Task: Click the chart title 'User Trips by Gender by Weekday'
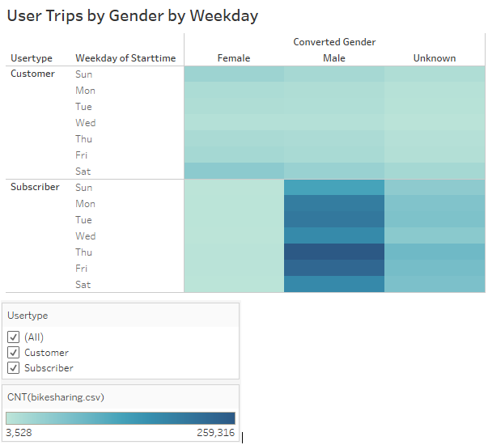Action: pyautogui.click(x=132, y=15)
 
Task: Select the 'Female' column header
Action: pyautogui.click(x=234, y=58)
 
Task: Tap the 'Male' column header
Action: pyautogui.click(x=333, y=58)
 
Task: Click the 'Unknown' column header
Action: pyautogui.click(x=435, y=58)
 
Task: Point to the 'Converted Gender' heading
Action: pyautogui.click(x=334, y=42)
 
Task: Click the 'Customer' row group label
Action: pyautogui.click(x=32, y=74)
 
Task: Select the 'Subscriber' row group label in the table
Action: pyautogui.click(x=35, y=188)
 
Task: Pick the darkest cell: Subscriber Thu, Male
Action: pyautogui.click(x=333, y=252)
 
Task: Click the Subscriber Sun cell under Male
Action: pyautogui.click(x=333, y=188)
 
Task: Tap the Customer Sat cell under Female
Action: pyautogui.click(x=234, y=172)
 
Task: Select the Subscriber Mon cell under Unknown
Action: pyautogui.click(x=435, y=204)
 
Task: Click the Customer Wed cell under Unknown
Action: pyautogui.click(x=435, y=123)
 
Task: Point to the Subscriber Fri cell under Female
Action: pyautogui.click(x=234, y=269)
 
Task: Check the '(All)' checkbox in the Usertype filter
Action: pyautogui.click(x=13, y=337)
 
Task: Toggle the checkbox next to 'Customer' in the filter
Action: pyautogui.click(x=13, y=353)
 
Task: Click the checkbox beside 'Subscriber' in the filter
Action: pyautogui.click(x=13, y=368)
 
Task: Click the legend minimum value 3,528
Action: pyautogui.click(x=19, y=433)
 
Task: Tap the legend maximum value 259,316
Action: pyautogui.click(x=215, y=433)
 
